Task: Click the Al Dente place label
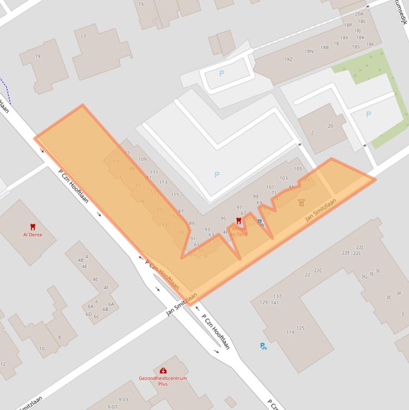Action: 32,234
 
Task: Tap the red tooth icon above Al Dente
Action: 32,227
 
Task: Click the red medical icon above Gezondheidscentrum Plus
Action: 163,371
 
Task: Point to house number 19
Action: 37,56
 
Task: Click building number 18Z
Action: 288,59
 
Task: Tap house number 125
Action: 301,328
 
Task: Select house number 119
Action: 290,333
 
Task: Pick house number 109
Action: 142,159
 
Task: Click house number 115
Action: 175,194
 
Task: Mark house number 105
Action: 298,169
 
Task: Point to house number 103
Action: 283,178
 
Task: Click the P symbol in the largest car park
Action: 216,175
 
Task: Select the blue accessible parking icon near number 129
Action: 263,346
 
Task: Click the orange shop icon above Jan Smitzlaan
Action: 302,203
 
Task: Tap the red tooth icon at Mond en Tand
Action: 238,220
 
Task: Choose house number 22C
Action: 318,270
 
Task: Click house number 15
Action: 141,4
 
